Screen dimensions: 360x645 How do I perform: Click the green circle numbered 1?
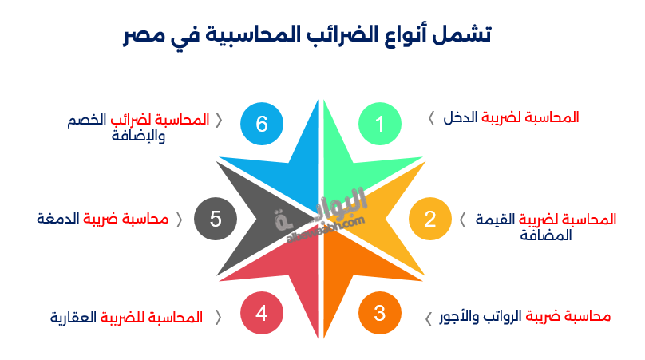click(380, 125)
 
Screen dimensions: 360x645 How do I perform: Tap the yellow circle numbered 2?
click(429, 219)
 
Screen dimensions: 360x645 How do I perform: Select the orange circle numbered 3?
click(380, 313)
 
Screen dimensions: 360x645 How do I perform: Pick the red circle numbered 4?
click(261, 313)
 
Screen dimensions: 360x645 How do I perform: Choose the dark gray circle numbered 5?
click(215, 219)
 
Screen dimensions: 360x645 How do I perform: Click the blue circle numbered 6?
click(261, 125)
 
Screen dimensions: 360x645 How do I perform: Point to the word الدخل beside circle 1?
click(461, 118)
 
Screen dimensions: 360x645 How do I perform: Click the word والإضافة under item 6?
click(140, 136)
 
